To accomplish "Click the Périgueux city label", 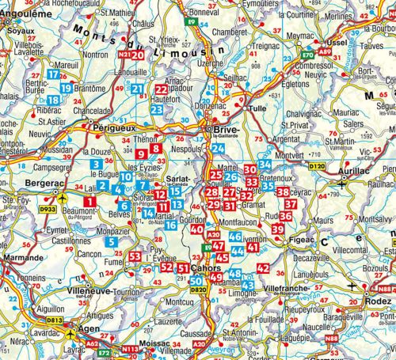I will (x=115, y=126).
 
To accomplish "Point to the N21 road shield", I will (x=124, y=55).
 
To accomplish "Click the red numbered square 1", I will (x=89, y=202).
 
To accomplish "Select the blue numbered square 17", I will (x=53, y=74).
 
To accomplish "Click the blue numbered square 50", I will (x=196, y=279).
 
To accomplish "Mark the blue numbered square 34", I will (x=265, y=165).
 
